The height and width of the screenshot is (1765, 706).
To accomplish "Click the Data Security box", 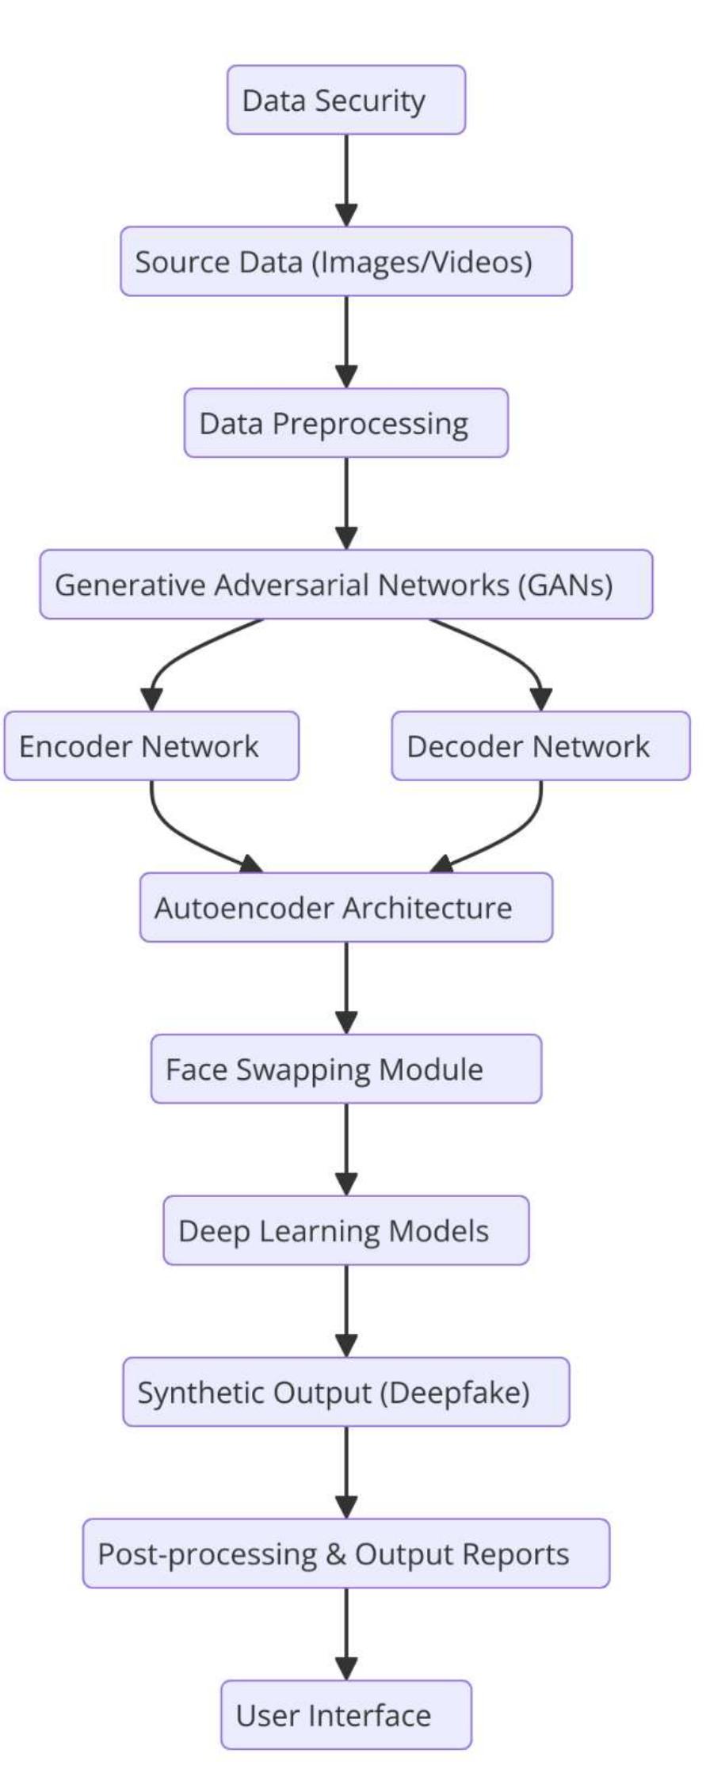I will point(346,100).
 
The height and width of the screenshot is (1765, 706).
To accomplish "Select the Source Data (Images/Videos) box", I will point(346,261).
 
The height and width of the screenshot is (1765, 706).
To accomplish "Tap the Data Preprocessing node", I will point(346,423).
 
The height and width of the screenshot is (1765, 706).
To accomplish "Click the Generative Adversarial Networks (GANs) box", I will point(346,585).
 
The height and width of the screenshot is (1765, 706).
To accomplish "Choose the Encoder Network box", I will point(151,746).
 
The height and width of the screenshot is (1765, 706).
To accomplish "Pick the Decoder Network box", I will point(540,746).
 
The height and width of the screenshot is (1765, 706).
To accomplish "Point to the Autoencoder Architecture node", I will point(346,908).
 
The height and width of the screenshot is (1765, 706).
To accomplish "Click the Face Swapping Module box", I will point(346,1069).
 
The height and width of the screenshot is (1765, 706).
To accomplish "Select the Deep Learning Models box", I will point(346,1231).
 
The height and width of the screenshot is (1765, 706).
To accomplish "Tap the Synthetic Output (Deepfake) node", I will point(346,1393).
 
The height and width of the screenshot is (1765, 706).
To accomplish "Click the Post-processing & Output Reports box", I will point(346,1554).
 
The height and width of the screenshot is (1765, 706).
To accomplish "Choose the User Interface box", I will point(346,1716).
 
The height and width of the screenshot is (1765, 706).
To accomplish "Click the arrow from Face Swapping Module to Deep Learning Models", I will point(346,1149).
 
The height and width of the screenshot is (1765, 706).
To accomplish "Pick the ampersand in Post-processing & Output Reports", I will point(335,1554).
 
